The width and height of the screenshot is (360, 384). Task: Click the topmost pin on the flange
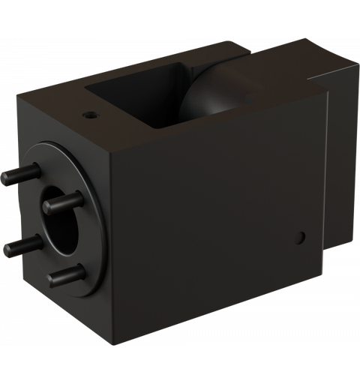point(19,175)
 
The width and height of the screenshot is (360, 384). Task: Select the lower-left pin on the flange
point(22,244)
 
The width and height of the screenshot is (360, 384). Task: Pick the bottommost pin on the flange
point(66,275)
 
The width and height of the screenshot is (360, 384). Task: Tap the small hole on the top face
point(90,116)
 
